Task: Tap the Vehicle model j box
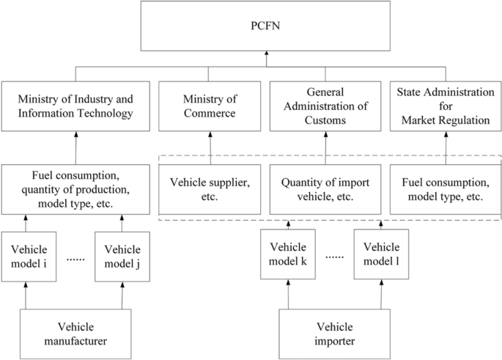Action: [x=122, y=255]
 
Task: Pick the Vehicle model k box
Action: [x=288, y=254]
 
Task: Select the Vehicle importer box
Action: [x=334, y=333]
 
